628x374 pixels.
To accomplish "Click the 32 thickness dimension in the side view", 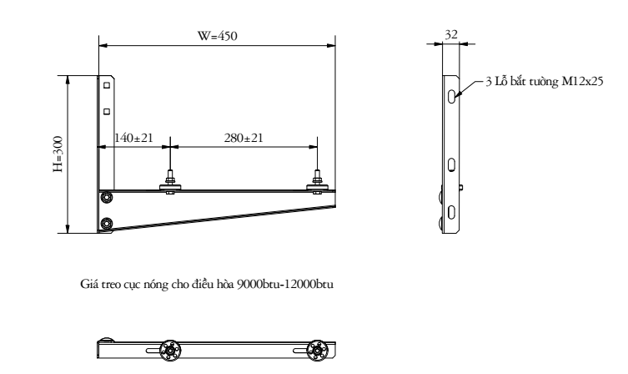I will click(451, 34).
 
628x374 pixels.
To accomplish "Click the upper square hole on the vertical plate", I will click(107, 85).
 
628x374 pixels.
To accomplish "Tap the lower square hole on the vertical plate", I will click(107, 110).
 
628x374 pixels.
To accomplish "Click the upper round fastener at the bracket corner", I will click(106, 197).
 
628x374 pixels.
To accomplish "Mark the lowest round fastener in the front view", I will click(106, 224).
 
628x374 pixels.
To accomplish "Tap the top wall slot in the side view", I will click(451, 96).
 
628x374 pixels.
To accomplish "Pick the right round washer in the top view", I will click(317, 349).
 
